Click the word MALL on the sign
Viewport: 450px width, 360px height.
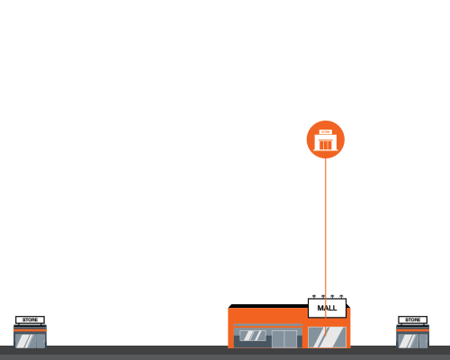pos(327,308)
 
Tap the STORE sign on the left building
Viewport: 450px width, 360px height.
pos(30,319)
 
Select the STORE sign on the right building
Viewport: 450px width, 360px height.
pos(413,319)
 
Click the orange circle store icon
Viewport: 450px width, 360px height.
pos(326,139)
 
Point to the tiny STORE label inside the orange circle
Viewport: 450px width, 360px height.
pos(326,132)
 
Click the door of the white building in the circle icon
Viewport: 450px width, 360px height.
pos(326,145)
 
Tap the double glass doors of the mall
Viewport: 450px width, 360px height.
pos(284,339)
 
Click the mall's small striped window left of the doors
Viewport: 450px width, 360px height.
pos(253,336)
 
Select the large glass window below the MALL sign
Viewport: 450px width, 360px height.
pos(327,337)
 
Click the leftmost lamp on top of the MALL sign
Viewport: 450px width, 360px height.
pos(314,296)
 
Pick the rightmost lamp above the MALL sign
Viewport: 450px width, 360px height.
pos(341,296)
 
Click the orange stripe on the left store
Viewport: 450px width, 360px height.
pos(30,330)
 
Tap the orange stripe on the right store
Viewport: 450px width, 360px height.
pos(413,330)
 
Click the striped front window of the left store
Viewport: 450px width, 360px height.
pos(25,341)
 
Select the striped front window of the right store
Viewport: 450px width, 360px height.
pos(408,341)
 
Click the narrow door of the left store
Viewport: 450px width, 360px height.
pos(40,341)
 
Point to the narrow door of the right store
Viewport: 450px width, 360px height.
pos(424,341)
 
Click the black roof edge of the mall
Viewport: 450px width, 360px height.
pos(268,306)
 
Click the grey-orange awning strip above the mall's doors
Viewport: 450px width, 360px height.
pos(268,326)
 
